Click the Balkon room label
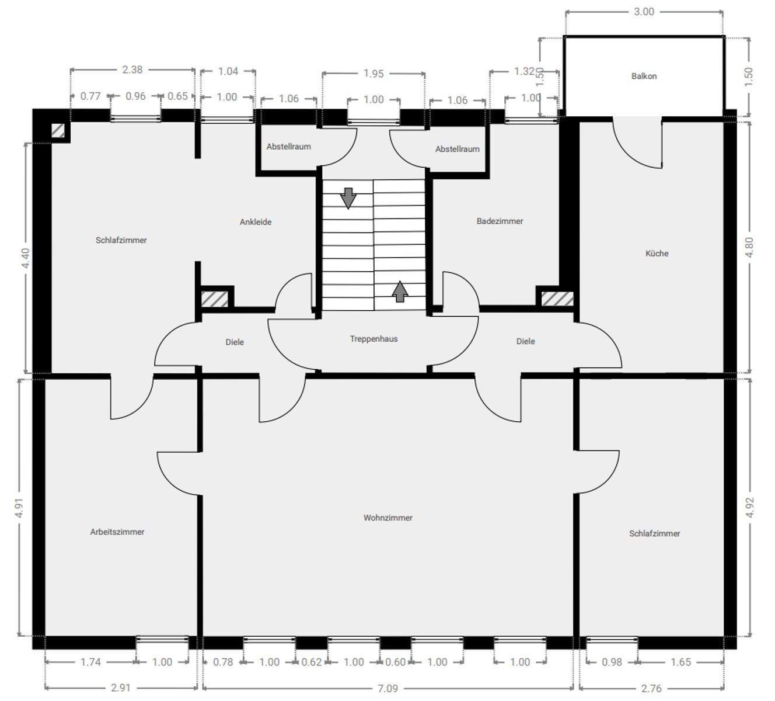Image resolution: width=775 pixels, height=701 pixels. [644, 76]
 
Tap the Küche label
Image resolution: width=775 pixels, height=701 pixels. [657, 253]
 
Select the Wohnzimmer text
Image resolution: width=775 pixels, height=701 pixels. [387, 518]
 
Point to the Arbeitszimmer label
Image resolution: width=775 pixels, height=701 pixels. [117, 532]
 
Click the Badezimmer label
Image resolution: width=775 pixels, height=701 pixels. [500, 221]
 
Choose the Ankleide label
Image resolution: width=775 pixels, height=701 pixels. [256, 222]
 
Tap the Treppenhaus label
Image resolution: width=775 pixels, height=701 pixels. [373, 339]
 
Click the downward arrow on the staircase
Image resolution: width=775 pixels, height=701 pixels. [348, 198]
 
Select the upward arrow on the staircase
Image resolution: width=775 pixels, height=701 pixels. [399, 291]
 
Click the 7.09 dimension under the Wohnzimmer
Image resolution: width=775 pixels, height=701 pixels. [387, 688]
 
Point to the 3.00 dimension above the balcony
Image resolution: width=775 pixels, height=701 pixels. [644, 12]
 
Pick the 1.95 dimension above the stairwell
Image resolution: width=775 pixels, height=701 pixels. [373, 74]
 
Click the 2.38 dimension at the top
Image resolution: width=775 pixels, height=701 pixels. [132, 70]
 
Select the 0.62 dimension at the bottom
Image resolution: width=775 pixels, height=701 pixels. [312, 662]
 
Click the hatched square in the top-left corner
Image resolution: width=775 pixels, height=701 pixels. [58, 130]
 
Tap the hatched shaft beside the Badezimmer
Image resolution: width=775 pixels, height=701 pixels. [557, 299]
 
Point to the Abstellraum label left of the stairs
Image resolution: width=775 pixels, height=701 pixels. [288, 147]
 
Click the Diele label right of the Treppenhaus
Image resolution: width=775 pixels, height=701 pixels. [525, 341]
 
